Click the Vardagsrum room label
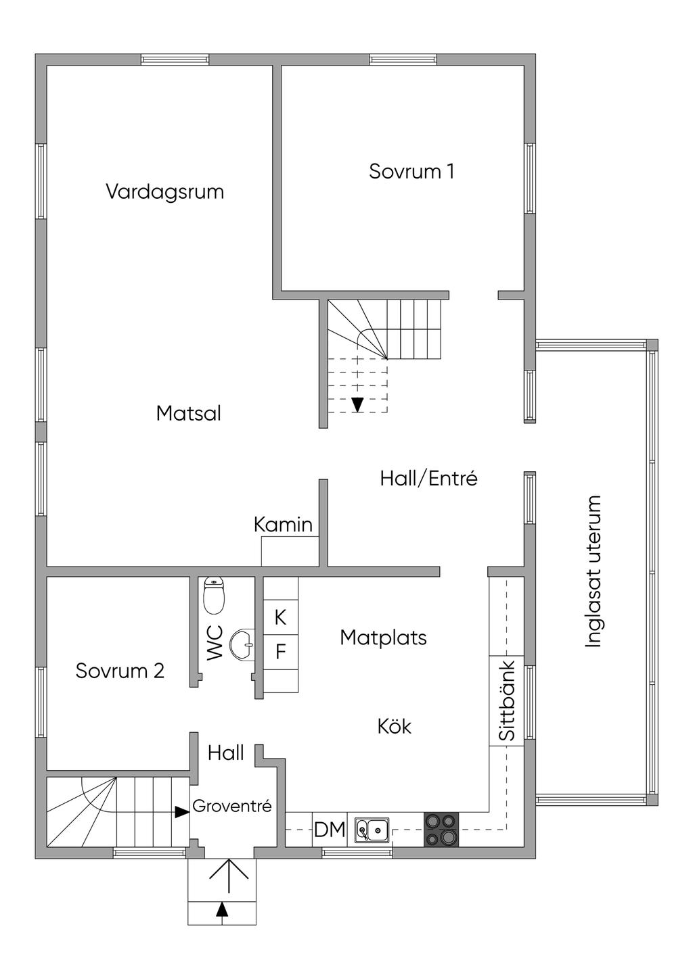[165, 192]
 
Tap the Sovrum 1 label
[411, 171]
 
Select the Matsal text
[189, 413]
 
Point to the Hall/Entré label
[428, 479]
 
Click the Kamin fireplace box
[290, 551]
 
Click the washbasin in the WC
[242, 643]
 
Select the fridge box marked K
[280, 617]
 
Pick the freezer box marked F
[280, 652]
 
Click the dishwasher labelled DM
[330, 830]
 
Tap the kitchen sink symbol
[372, 829]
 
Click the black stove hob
[441, 830]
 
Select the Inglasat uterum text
[593, 571]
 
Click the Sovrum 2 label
[120, 671]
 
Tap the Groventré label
[232, 806]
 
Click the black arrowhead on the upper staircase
[358, 404]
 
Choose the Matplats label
[383, 638]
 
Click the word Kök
[394, 727]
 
